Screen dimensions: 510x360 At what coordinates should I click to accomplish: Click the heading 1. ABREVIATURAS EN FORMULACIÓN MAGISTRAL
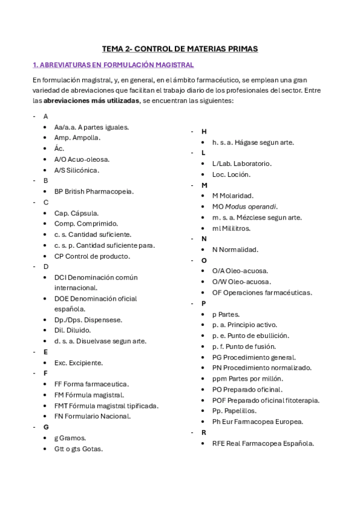(113, 64)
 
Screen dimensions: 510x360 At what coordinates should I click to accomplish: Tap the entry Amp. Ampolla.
(77, 138)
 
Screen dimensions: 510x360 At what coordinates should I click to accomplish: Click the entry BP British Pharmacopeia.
(94, 191)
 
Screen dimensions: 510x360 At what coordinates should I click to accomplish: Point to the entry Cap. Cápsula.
(76, 213)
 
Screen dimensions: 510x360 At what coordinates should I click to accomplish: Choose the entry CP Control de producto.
(91, 256)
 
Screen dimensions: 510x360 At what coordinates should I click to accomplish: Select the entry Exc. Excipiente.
(78, 363)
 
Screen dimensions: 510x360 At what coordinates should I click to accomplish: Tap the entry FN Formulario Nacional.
(92, 416)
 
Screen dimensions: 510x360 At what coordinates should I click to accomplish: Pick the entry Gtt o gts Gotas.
(78, 449)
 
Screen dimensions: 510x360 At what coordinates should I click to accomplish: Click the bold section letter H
(204, 131)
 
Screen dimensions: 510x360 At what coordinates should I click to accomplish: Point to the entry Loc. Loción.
(231, 174)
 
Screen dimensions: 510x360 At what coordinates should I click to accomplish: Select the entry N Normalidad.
(235, 249)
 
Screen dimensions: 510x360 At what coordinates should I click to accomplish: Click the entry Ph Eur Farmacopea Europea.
(257, 422)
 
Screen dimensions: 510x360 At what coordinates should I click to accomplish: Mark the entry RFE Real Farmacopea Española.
(263, 443)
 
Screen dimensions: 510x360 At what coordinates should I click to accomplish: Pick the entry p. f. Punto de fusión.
(243, 346)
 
